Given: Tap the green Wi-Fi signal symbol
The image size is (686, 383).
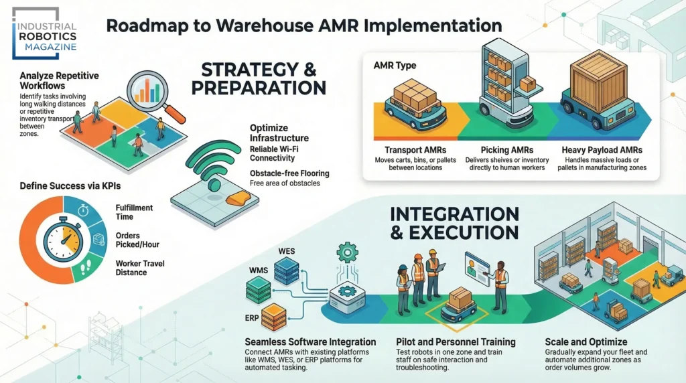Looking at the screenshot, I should click(x=212, y=167).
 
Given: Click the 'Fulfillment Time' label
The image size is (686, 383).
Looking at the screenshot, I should click(x=134, y=212).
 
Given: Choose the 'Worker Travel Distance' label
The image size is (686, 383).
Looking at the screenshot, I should click(x=140, y=269).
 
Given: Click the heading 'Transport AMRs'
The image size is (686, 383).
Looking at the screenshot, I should click(x=416, y=150).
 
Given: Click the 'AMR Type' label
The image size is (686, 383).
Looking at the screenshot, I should click(x=395, y=66).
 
